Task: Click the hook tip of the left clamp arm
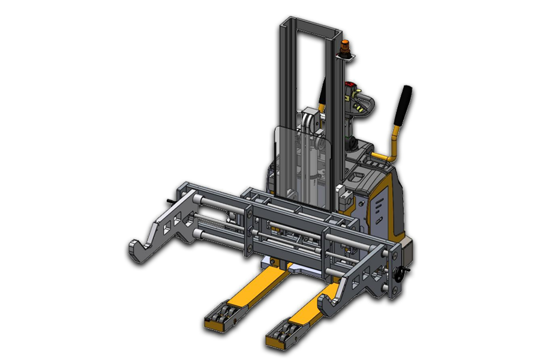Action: [x=137, y=250]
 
